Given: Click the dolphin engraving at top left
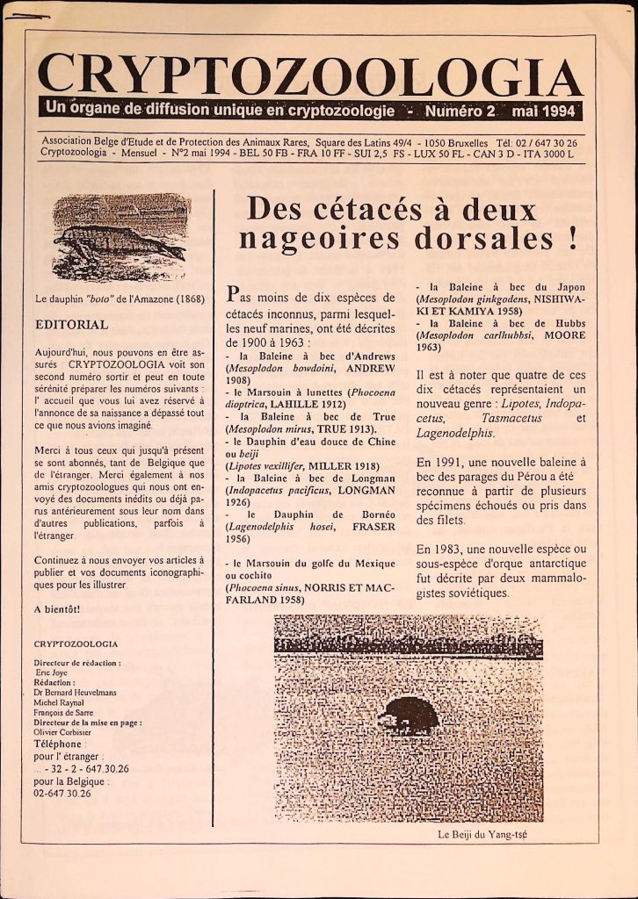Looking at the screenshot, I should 121,237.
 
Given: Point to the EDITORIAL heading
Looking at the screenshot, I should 71,324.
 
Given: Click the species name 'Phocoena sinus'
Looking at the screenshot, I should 264,586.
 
